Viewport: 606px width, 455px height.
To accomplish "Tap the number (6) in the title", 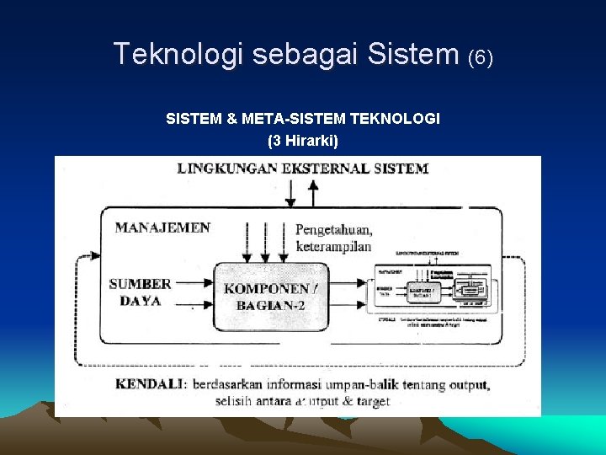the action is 481,56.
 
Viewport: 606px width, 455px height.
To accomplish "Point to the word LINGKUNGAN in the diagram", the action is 226,168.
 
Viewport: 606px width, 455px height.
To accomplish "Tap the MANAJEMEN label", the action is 162,227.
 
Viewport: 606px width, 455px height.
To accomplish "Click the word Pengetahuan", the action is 334,229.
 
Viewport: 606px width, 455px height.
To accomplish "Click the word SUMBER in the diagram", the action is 140,284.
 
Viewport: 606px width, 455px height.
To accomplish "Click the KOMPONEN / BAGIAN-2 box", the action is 271,296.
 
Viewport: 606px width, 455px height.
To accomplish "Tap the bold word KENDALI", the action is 149,384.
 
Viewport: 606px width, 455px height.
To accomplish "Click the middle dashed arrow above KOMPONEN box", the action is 265,241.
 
